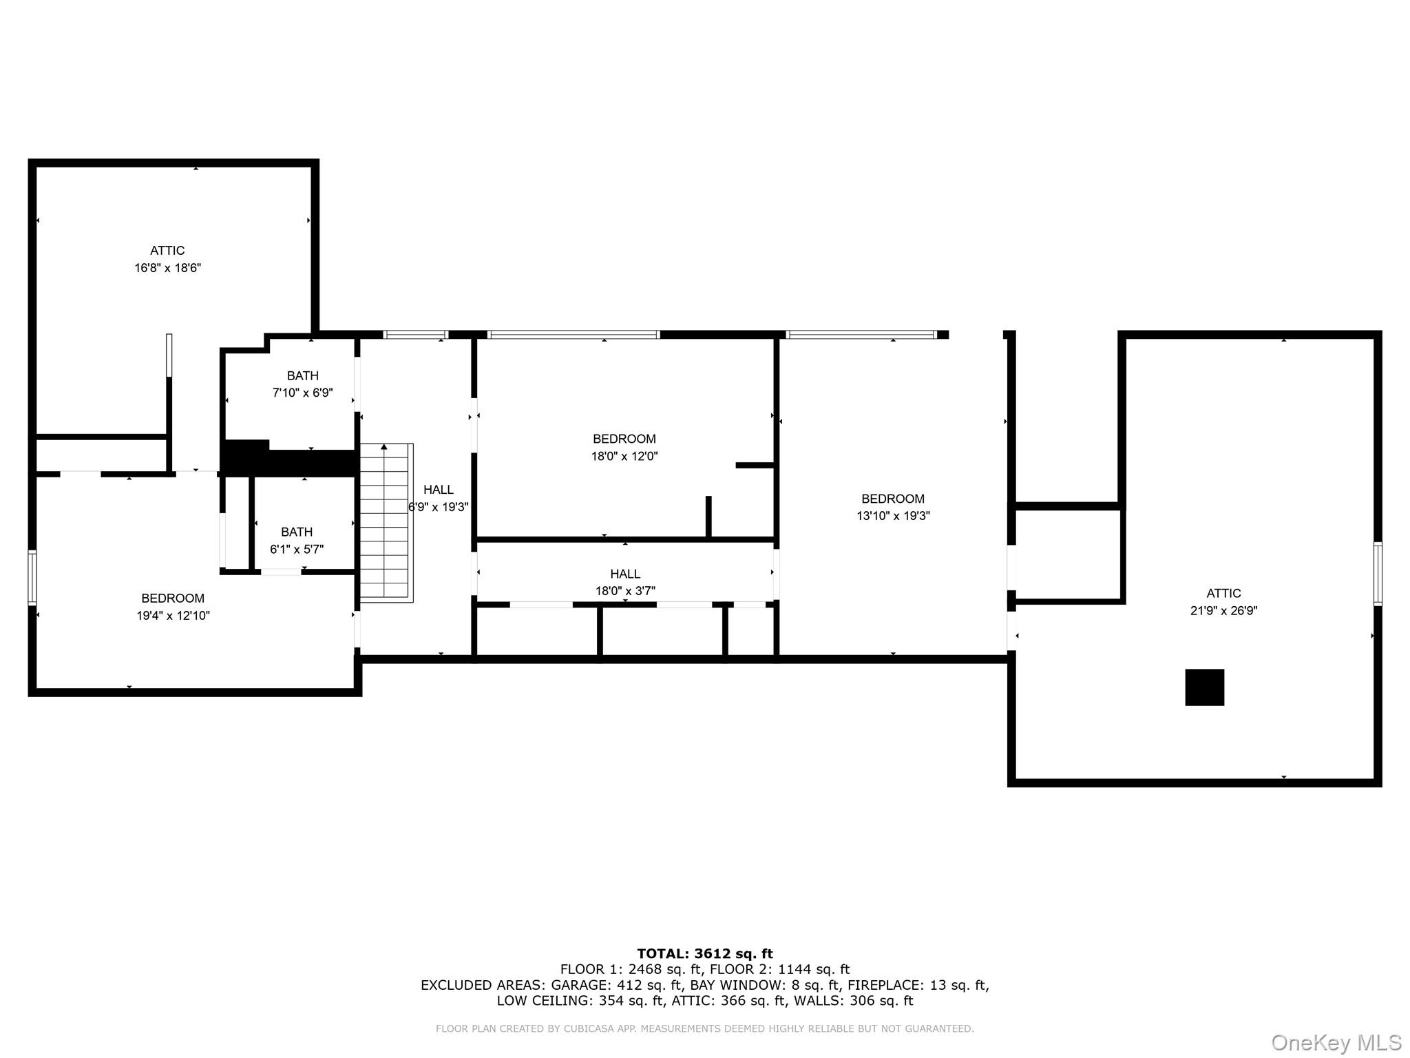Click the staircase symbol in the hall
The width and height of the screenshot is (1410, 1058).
tap(386, 522)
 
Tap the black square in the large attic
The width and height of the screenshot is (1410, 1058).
tap(1204, 687)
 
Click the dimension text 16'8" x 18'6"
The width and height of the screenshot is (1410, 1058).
tap(167, 268)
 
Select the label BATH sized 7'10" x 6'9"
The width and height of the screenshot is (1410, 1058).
tap(302, 376)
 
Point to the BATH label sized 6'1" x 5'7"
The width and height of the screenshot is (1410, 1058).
tap(296, 532)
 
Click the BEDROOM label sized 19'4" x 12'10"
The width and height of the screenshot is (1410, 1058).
tap(173, 599)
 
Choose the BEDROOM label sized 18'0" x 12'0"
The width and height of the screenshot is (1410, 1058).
tap(624, 439)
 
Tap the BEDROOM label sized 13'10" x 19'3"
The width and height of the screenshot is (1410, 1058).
tap(893, 499)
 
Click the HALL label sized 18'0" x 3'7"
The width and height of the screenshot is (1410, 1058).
tap(624, 574)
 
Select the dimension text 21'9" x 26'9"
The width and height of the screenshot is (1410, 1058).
tap(1223, 610)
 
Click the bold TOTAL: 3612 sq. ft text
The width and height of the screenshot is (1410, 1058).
tap(704, 954)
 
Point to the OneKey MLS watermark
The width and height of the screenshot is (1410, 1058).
tap(1336, 1042)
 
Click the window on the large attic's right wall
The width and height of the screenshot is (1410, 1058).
tap(1378, 574)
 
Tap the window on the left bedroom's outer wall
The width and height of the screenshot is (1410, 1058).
tap(32, 577)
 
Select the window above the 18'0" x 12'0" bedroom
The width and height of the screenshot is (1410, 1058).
tap(573, 335)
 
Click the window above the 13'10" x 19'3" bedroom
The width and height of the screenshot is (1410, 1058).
tap(861, 335)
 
